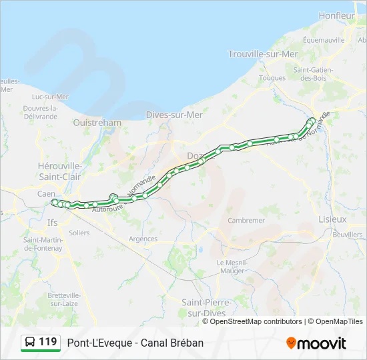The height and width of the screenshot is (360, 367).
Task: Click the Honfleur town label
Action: coord(337,15)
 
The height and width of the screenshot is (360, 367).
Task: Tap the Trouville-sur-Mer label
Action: coord(263,54)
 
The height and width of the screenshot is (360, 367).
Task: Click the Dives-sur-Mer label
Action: coord(174,115)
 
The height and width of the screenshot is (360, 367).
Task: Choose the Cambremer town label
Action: coord(246,220)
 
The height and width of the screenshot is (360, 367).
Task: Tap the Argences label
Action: coord(143,239)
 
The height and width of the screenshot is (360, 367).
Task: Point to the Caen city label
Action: coord(46,193)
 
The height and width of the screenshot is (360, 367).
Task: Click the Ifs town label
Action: coord(53,223)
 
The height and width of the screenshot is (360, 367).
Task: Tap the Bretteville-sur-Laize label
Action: coord(64,299)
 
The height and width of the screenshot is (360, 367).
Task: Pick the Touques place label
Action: coord(272,77)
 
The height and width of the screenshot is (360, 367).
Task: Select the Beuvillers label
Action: coord(347,235)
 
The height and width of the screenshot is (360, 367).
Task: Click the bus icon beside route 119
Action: coord(30,343)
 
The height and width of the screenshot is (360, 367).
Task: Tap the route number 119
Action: coord(48,342)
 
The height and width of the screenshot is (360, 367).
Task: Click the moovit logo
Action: coord(316,343)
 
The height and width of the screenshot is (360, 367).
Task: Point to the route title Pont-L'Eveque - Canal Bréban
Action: coord(135,343)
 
